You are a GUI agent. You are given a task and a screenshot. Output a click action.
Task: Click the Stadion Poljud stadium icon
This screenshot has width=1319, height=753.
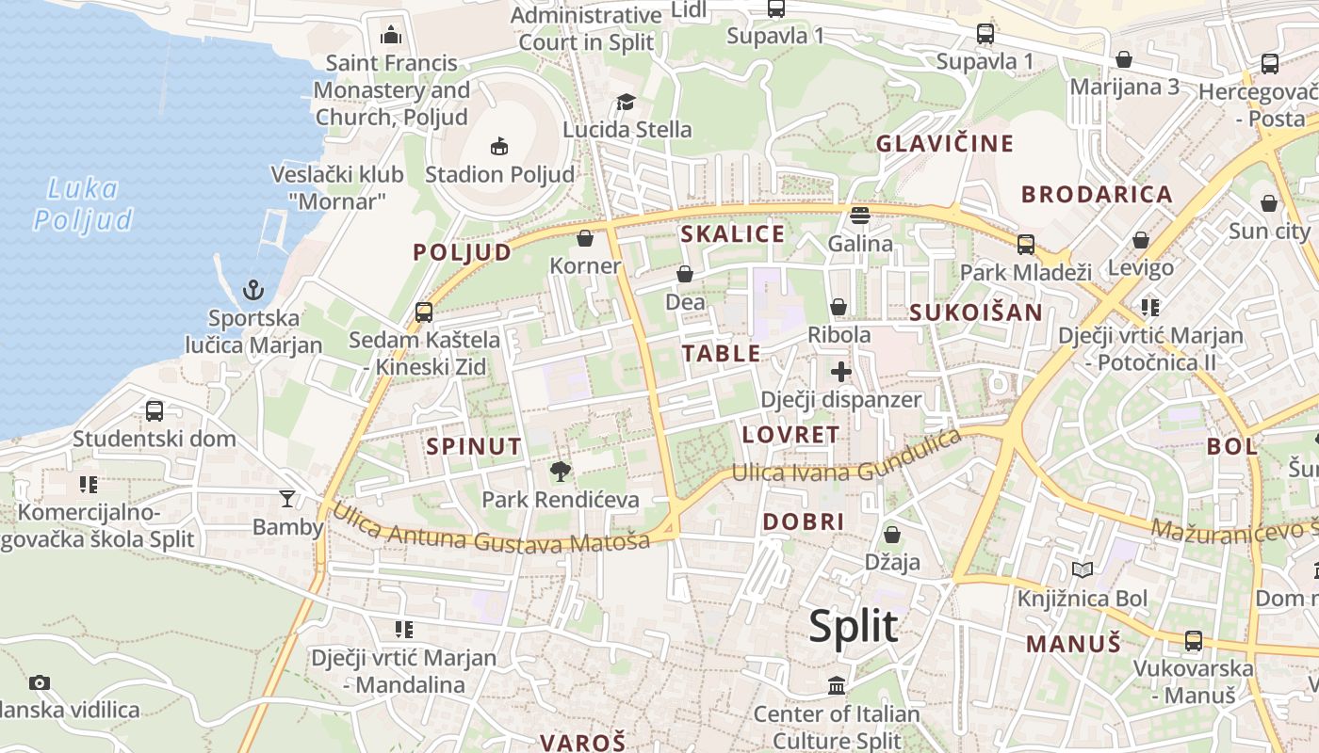(499, 146)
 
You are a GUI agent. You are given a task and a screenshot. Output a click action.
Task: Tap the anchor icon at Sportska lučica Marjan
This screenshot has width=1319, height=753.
(252, 289)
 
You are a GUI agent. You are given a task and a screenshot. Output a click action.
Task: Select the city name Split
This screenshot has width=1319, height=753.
(854, 626)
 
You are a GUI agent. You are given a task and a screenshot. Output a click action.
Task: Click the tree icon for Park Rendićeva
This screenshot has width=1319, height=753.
(560, 471)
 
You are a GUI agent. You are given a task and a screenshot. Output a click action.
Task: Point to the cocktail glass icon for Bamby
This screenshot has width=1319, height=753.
(287, 498)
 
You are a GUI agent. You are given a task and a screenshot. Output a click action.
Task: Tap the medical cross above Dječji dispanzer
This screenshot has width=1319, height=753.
(841, 372)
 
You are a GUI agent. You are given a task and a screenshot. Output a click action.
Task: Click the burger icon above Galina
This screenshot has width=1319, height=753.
(859, 216)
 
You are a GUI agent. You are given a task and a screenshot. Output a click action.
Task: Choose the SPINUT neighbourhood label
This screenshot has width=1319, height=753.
(474, 446)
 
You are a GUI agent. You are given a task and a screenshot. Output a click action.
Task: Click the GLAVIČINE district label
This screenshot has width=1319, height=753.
(945, 144)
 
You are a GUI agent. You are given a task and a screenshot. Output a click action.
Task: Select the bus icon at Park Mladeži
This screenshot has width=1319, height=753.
(1025, 245)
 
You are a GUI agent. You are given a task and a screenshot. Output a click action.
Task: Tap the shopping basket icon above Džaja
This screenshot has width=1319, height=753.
(891, 535)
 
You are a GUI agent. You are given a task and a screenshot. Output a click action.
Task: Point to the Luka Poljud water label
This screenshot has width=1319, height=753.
(83, 204)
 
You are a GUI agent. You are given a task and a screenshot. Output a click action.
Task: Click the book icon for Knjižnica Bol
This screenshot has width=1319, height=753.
(1083, 570)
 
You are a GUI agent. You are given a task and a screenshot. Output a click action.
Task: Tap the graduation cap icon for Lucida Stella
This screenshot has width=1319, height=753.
(626, 102)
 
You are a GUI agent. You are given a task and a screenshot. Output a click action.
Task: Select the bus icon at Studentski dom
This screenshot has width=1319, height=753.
(155, 410)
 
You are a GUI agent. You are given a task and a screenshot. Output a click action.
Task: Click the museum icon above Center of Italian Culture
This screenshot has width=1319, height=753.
(837, 685)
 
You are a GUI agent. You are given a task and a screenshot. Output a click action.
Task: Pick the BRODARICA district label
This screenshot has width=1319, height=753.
(1097, 195)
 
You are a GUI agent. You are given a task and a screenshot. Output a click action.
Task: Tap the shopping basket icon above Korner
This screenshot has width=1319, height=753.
(585, 238)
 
